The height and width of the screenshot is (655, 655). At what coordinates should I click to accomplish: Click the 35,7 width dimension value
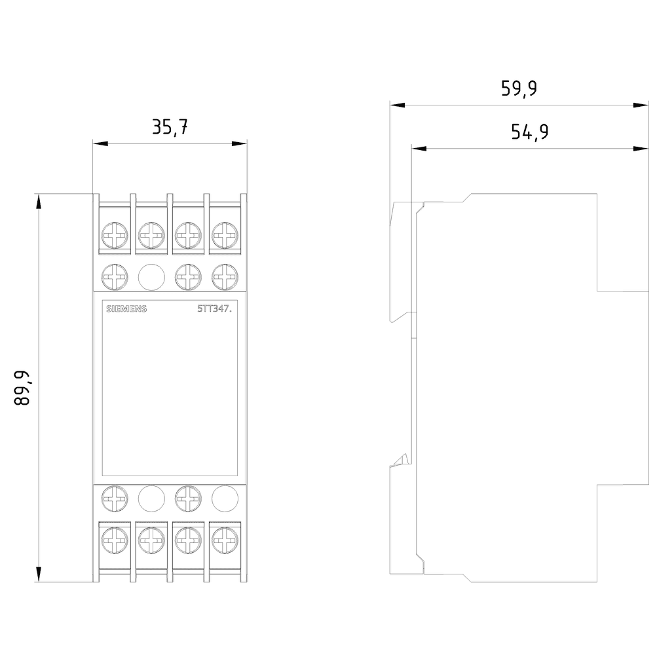[x=170, y=127]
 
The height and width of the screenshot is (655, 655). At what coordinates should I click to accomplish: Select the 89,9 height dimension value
[x=23, y=388]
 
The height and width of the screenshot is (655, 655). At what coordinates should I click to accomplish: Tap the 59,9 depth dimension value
[x=519, y=88]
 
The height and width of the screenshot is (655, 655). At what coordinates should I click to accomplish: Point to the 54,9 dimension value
[x=529, y=132]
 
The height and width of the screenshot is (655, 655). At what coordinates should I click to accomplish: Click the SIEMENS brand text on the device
[x=126, y=309]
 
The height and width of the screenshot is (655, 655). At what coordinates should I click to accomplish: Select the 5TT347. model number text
[x=215, y=309]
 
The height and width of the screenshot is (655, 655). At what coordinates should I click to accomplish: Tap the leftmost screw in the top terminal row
[x=115, y=234]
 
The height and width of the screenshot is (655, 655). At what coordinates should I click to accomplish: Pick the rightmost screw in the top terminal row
[x=224, y=234]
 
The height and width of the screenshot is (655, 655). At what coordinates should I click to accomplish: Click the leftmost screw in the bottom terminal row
[x=115, y=541]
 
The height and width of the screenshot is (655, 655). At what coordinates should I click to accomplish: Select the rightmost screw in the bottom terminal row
[x=224, y=541]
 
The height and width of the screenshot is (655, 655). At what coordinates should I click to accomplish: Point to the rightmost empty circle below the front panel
[x=224, y=498]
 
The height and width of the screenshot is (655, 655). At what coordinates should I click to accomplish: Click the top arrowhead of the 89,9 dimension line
[x=39, y=200]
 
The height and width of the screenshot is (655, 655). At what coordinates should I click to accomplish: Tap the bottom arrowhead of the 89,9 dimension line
[x=39, y=576]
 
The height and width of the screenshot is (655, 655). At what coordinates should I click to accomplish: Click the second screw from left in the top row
[x=151, y=234]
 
